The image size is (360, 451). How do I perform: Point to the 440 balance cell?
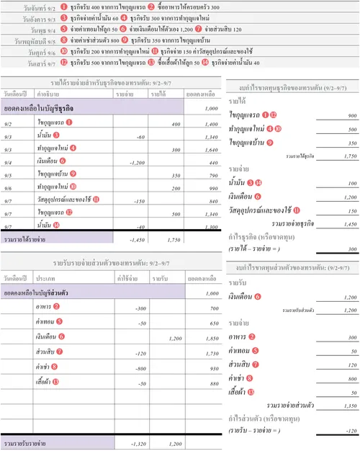[x=210, y=162]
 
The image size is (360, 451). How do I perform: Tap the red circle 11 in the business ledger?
[x=96, y=200]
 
